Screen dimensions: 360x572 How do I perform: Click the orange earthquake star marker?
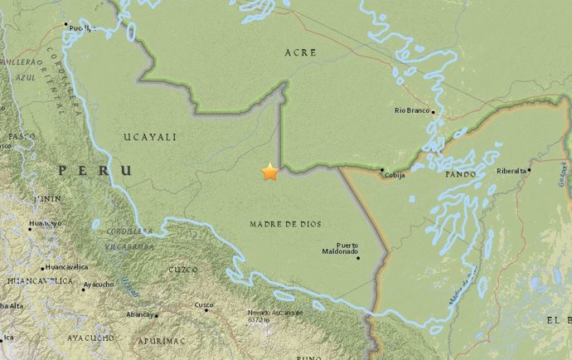click(269, 172)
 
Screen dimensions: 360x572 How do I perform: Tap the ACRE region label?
click(301, 51)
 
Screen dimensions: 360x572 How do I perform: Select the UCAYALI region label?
click(145, 135)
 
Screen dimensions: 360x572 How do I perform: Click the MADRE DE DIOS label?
click(285, 224)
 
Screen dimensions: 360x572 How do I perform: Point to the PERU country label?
click(95, 170)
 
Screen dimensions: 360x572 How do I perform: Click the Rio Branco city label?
click(412, 110)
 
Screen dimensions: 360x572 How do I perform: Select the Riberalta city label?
click(511, 170)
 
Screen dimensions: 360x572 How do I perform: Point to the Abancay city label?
click(138, 314)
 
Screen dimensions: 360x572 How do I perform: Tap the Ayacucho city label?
click(99, 284)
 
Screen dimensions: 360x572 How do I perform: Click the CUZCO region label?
click(184, 270)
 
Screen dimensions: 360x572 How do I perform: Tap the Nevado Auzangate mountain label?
click(274, 313)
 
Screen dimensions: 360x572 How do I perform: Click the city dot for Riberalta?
click(530, 170)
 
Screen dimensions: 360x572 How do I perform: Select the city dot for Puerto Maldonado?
click(359, 257)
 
